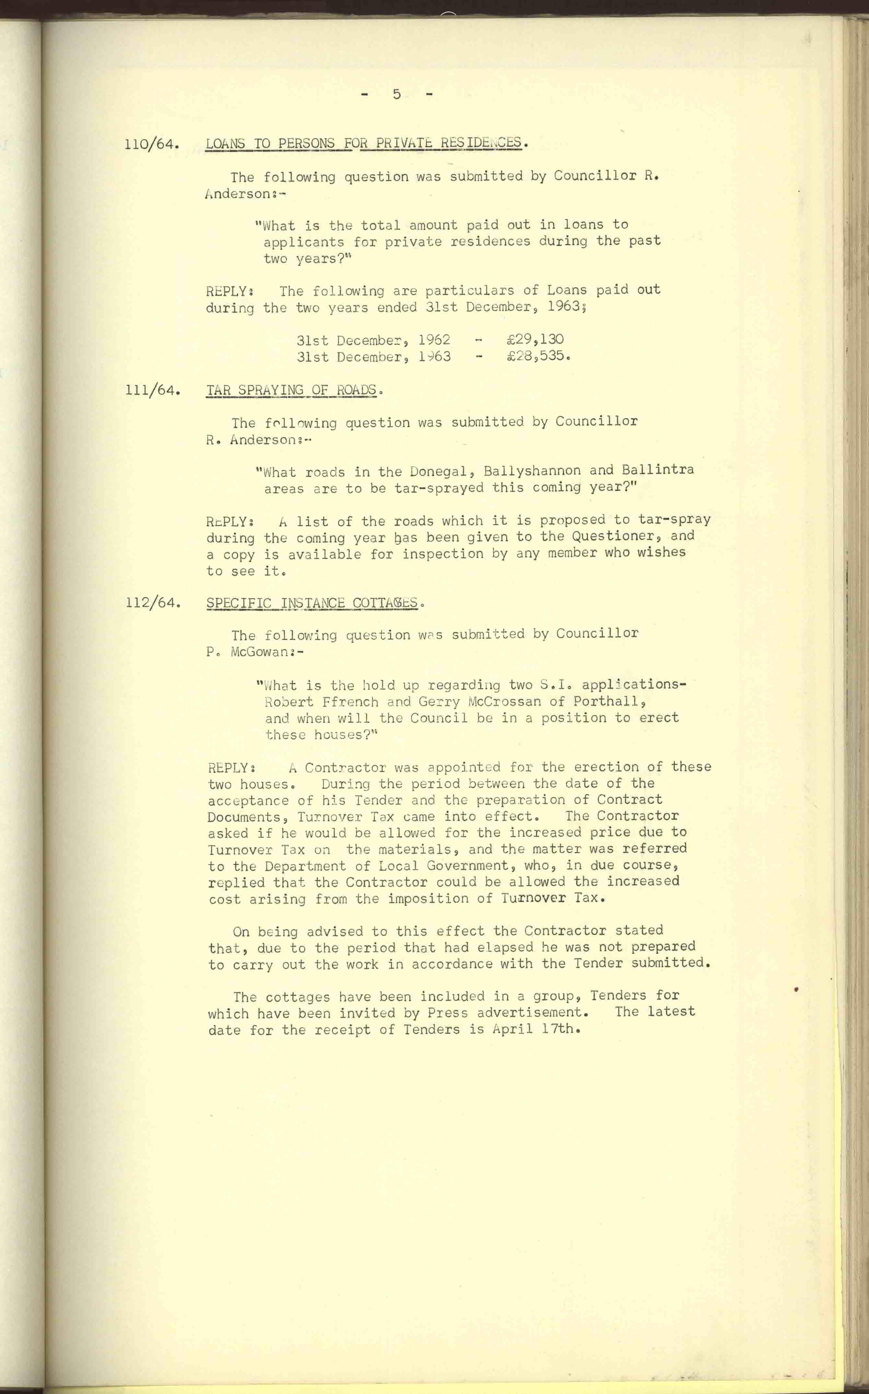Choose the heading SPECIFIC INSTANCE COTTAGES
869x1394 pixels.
tap(312, 603)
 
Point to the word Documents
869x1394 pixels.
tap(244, 817)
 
